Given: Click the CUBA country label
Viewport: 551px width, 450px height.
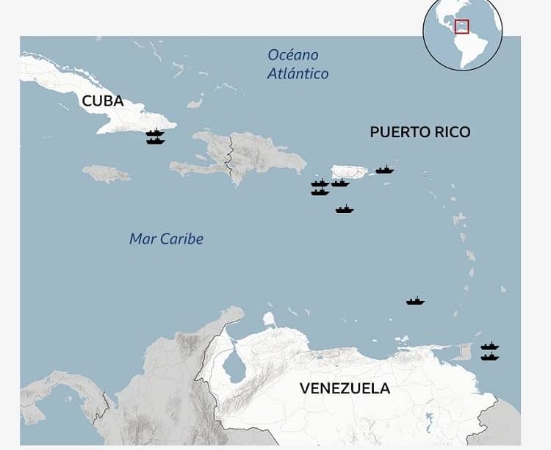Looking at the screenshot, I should coord(103,101).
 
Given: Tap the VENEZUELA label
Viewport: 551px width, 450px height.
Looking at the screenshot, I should coord(345,388).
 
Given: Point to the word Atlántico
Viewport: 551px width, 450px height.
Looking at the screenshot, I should coord(298,73).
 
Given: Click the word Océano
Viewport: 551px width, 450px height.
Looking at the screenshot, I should coord(293,55).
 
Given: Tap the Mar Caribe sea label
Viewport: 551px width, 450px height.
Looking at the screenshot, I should coord(166,239).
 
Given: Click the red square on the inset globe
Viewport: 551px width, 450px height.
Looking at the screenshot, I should coord(461,26).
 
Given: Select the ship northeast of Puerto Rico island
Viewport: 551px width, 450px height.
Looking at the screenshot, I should coord(385,170).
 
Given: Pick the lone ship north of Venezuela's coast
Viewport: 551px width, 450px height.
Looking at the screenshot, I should coord(415,300).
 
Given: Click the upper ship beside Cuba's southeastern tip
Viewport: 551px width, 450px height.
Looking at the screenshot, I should coord(154,133).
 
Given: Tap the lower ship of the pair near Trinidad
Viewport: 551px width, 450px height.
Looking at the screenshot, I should coord(490,357).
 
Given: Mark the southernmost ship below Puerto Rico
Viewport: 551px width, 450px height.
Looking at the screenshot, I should coord(345,209).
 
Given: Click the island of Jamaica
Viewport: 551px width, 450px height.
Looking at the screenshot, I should coord(106,173).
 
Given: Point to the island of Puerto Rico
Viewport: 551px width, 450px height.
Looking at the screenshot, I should coord(350,172).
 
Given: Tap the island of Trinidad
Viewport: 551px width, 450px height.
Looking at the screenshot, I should coord(464,352).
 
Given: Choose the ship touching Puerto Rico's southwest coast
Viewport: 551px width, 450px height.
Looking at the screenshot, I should coord(339,182).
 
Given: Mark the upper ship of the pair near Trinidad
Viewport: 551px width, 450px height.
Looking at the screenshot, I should coord(490,346).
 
